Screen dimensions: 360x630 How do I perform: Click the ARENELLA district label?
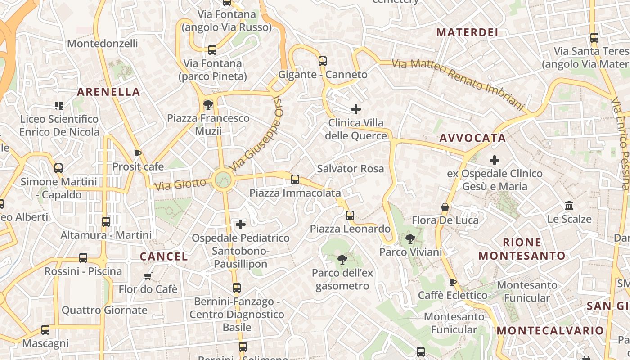[x=108, y=92]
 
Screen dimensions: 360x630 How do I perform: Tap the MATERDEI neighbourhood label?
[x=467, y=32]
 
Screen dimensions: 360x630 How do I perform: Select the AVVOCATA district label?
[x=472, y=138]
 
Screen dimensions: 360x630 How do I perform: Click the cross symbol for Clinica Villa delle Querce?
[x=356, y=109]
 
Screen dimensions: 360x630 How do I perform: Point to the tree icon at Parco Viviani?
[x=410, y=238]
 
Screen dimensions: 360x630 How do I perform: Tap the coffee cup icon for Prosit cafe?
[x=138, y=154]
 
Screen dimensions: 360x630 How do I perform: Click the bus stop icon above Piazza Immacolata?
[x=295, y=180]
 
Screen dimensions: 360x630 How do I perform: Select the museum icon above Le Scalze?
[x=569, y=206]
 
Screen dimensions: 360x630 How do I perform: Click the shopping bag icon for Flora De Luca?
[x=445, y=207]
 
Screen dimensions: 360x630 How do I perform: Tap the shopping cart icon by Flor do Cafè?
[x=148, y=276]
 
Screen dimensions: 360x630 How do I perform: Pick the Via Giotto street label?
[x=180, y=184]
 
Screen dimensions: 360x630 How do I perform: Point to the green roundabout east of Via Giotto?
[x=223, y=180]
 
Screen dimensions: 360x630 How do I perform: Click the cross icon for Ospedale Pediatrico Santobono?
[x=241, y=224]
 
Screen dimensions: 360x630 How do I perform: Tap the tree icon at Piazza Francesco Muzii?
[x=208, y=105]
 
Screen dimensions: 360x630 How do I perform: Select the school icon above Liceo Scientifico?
[x=59, y=106]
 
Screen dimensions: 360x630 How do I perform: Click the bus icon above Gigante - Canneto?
[x=323, y=61]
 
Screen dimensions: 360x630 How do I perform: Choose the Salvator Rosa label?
[x=351, y=169]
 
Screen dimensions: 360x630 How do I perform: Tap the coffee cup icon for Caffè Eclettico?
[x=453, y=282]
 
